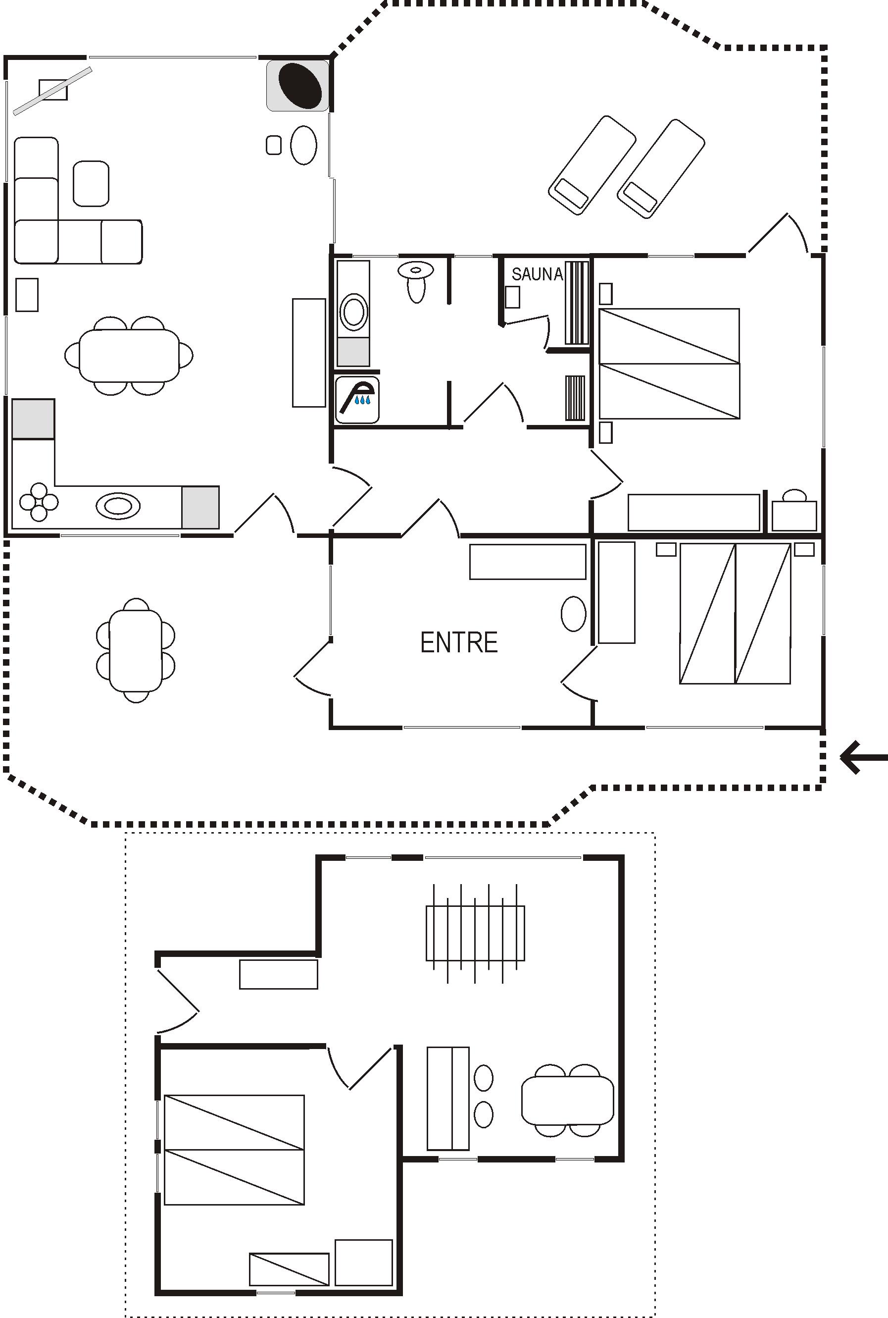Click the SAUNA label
pos(537,274)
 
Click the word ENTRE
pos(459,642)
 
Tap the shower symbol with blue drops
pos(357,400)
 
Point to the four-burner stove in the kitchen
pos(39,501)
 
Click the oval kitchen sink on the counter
pos(118,505)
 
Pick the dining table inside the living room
pos(129,356)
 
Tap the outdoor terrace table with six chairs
pos(136,650)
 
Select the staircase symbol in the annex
pos(475,933)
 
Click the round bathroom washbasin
pos(353,312)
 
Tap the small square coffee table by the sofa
pos(91,184)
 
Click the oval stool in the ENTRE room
pos(574,614)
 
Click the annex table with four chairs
pos(567,1101)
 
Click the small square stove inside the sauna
pos(512,297)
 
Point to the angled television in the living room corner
pos(52,91)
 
